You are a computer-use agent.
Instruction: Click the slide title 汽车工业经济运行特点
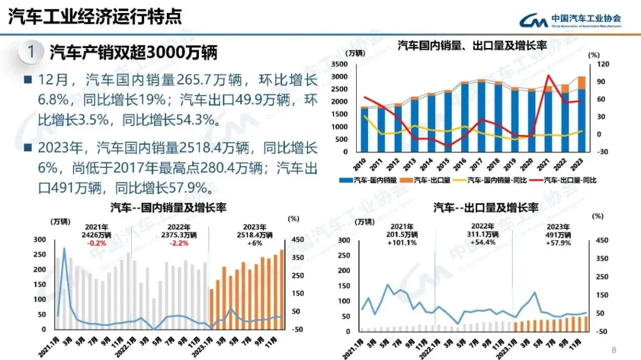(95, 16)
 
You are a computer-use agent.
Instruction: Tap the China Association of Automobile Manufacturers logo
(570, 20)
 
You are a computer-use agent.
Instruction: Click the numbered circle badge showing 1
(31, 52)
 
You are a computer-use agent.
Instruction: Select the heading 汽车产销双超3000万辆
(134, 52)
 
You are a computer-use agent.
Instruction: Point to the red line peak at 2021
(548, 75)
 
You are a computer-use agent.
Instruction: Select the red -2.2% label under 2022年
(179, 243)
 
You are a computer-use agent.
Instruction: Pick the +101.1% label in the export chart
(405, 243)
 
